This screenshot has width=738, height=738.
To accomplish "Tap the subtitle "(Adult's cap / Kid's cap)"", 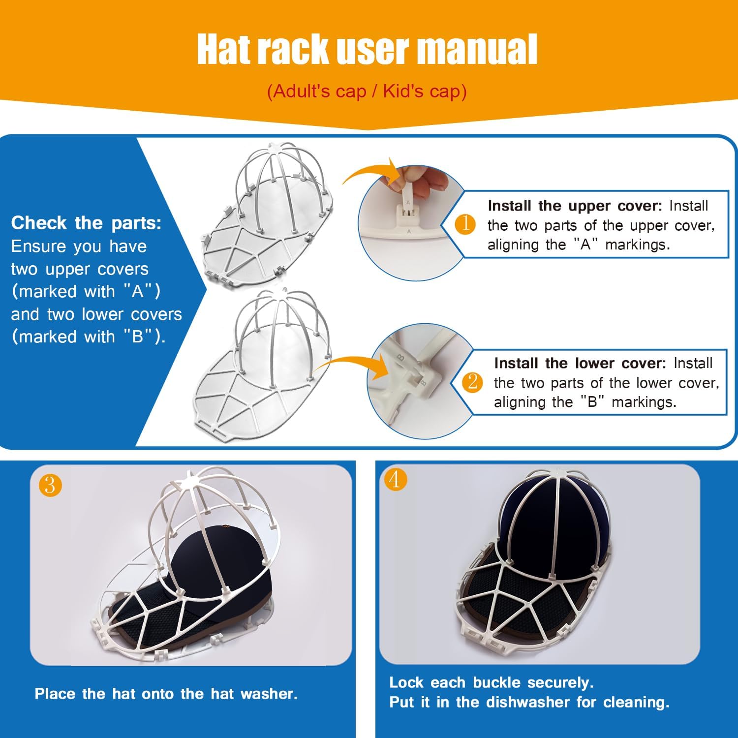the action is tap(367, 92).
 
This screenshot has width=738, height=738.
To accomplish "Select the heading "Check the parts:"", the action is tap(86, 223).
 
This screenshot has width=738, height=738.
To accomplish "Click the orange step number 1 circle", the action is tap(465, 224).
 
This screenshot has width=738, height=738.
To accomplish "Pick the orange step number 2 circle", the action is tap(472, 382).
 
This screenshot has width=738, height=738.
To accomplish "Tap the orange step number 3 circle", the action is tap(50, 486).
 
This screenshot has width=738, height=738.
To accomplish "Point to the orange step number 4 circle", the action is tap(395, 479).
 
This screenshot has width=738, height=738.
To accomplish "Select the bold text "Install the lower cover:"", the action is tap(580, 363).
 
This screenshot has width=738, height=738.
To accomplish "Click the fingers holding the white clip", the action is tap(423, 180).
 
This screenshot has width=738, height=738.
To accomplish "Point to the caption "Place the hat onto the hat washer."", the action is tap(166, 694).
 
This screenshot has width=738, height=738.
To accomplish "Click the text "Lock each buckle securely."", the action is tap(491, 682).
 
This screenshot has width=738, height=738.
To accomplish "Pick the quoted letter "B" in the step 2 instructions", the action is tap(592, 402).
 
